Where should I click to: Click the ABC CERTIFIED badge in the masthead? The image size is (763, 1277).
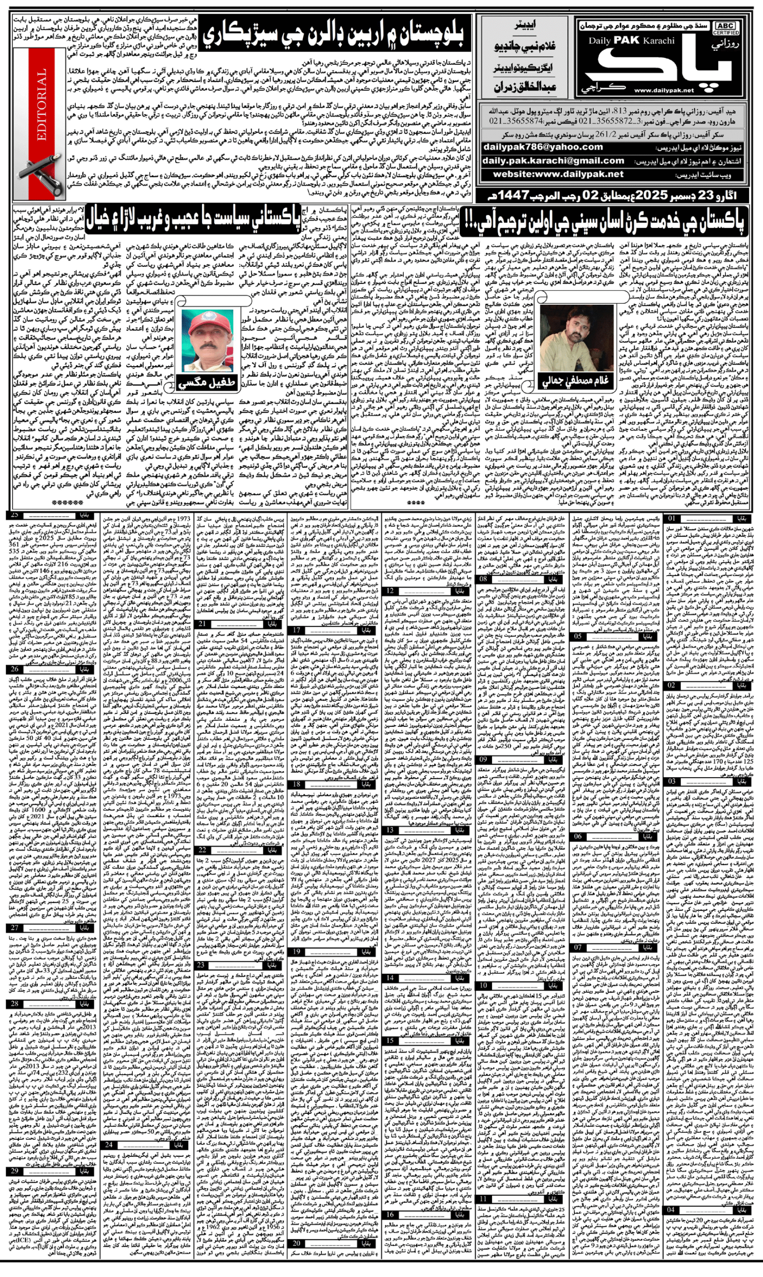click(x=725, y=28)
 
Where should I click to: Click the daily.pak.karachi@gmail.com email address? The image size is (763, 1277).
click(x=553, y=161)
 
